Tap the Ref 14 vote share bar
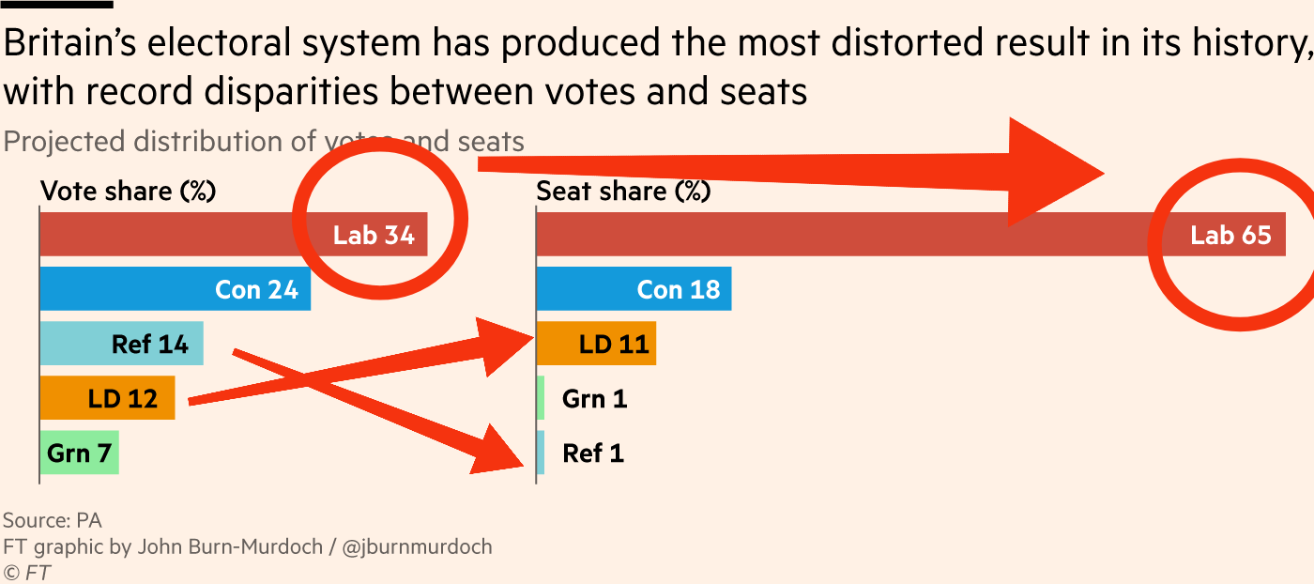(x=121, y=344)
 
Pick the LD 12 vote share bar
(x=107, y=398)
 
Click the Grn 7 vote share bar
(x=79, y=453)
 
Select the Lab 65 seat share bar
(x=845, y=234)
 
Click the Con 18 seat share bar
(x=634, y=289)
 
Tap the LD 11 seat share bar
(x=596, y=344)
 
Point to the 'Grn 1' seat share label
(x=594, y=399)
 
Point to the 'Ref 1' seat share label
(x=593, y=453)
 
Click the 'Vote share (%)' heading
(x=129, y=192)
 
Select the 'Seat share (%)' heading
(x=623, y=192)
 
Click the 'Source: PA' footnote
(x=53, y=520)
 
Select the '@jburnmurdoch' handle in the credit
(x=417, y=546)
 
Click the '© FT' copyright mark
(x=26, y=572)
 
